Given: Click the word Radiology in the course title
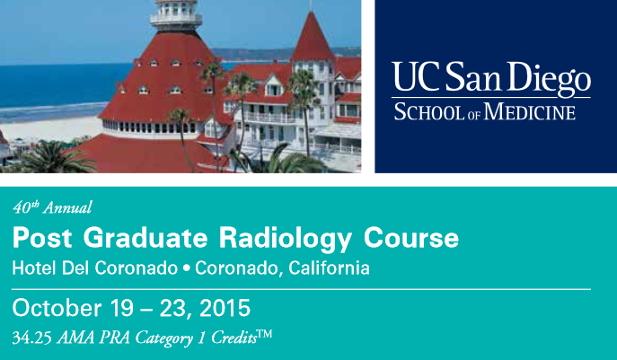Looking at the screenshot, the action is [285, 239].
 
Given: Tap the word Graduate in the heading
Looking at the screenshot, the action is [145, 238].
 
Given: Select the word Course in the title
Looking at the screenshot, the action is [411, 238].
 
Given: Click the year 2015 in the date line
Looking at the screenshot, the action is [225, 308].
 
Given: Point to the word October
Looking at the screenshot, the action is [57, 308].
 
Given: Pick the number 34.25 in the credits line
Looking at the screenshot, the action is [31, 338].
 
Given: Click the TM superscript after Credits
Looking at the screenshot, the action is [265, 334].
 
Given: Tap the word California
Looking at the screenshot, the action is [329, 268].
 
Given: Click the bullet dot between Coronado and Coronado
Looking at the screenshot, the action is [187, 268].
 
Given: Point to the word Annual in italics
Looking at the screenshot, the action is [67, 207].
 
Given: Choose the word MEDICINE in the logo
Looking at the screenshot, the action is [530, 111].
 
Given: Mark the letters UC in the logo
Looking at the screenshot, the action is [416, 76].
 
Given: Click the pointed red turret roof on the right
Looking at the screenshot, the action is [313, 37].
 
